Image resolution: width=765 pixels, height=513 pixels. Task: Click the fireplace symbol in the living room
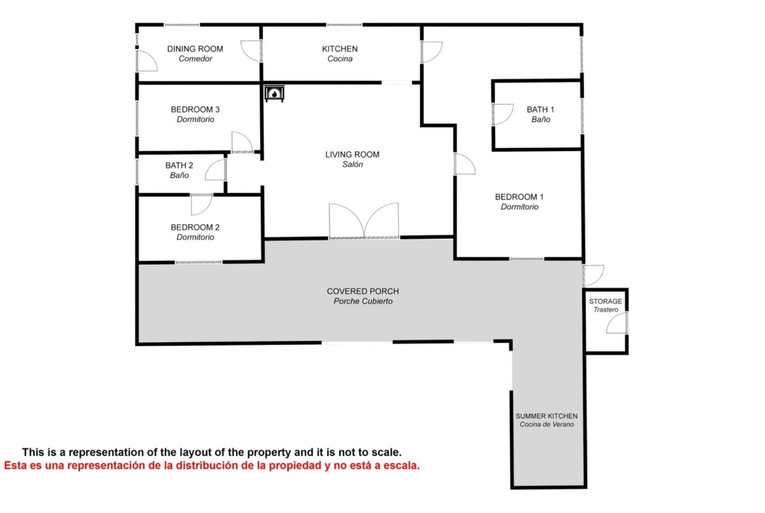(x=274, y=93)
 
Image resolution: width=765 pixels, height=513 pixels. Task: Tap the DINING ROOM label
(x=195, y=49)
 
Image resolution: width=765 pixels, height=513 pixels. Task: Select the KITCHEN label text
(x=339, y=49)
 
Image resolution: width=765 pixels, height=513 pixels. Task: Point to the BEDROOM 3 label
(x=195, y=109)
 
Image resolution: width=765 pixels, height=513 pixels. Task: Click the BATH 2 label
(x=179, y=165)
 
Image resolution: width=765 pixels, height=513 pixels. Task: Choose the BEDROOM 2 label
(x=195, y=227)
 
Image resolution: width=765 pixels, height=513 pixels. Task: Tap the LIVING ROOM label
(x=352, y=155)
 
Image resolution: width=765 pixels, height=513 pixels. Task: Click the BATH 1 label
(x=541, y=109)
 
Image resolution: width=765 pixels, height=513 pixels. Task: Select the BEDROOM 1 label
(x=519, y=197)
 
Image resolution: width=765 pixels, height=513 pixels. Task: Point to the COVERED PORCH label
(x=363, y=291)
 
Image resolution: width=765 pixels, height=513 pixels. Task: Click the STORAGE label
(x=605, y=301)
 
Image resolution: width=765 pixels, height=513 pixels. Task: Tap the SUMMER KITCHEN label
(x=547, y=416)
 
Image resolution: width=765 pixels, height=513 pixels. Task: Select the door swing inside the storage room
(x=617, y=323)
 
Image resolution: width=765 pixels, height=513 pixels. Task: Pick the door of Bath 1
(x=503, y=114)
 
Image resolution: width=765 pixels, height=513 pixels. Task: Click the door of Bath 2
(x=216, y=170)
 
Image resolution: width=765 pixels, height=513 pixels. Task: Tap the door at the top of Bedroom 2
(x=201, y=205)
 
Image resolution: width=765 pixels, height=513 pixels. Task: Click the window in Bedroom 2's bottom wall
(x=199, y=262)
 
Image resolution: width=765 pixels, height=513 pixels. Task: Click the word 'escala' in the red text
(x=402, y=465)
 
